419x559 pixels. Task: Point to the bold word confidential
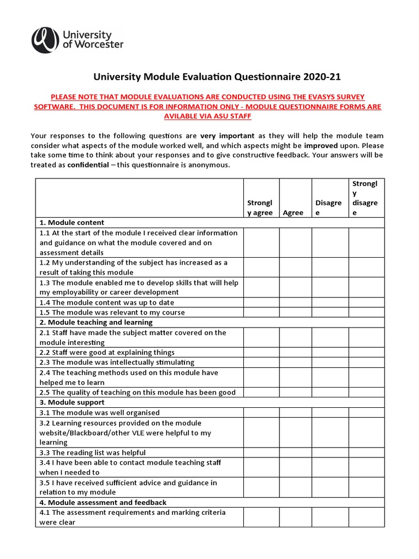pyautogui.click(x=88, y=165)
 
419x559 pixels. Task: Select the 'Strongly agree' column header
pyautogui.click(x=260, y=207)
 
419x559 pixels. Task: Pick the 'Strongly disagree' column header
pyautogui.click(x=366, y=198)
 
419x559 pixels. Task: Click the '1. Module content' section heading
pyautogui.click(x=71, y=223)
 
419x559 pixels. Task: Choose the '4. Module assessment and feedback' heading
pyautogui.click(x=103, y=502)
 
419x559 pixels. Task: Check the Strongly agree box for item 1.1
pyautogui.click(x=261, y=242)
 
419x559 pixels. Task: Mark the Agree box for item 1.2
pyautogui.click(x=295, y=267)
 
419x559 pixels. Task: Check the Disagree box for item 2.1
pyautogui.click(x=330, y=337)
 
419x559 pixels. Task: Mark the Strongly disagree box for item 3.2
pyautogui.click(x=366, y=432)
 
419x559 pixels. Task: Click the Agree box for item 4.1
pyautogui.click(x=295, y=517)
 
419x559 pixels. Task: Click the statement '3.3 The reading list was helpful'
pyautogui.click(x=93, y=453)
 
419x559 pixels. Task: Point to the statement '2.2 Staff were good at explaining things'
pyautogui.click(x=107, y=353)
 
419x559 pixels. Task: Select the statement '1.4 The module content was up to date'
pyautogui.click(x=107, y=302)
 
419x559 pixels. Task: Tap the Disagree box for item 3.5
pyautogui.click(x=330, y=487)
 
